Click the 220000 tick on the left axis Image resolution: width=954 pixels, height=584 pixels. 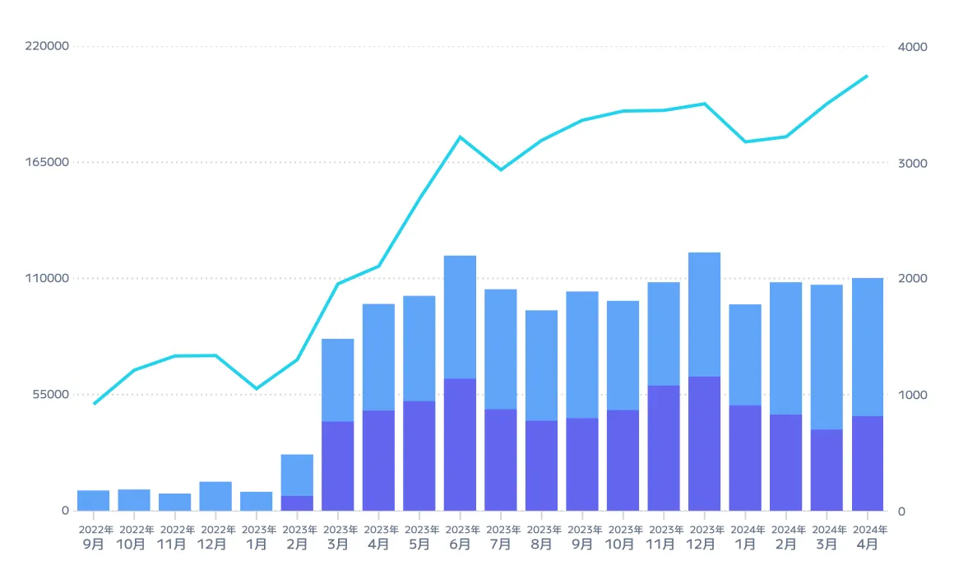pos(47,47)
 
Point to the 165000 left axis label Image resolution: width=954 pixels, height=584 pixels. pos(47,163)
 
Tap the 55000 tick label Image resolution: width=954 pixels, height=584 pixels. pos(51,395)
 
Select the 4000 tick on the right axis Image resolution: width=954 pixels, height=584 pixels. pos(912,47)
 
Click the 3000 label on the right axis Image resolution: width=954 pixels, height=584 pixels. pos(912,163)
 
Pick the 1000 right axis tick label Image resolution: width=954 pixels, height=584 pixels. pos(912,395)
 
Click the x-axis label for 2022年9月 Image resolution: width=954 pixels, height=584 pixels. pos(94,537)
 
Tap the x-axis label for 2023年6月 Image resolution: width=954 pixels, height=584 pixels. pos(460,537)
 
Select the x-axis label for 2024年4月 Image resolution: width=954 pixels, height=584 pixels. pos(867,537)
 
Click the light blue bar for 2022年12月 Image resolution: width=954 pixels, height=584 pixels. pos(215,496)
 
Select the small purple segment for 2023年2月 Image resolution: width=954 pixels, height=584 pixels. pos(297,503)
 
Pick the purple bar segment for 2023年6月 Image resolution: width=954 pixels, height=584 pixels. pos(460,444)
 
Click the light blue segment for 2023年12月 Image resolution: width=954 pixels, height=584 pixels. pos(704,314)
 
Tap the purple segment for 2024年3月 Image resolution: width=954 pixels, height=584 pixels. pos(827,470)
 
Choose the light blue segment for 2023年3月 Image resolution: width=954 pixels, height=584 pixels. pos(337,380)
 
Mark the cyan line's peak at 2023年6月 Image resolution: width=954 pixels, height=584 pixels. pos(460,137)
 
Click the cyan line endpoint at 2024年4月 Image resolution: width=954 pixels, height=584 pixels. pos(867,76)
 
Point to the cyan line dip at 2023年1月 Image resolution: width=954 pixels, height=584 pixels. pos(257,388)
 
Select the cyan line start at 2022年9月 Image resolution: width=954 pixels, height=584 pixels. pos(94,403)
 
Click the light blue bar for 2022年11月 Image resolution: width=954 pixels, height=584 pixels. pos(175,502)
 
